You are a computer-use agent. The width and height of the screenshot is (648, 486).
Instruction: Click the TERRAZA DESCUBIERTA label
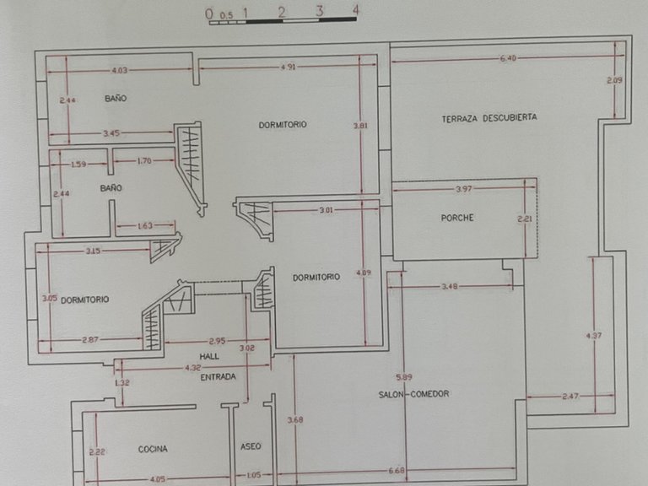tap(489, 118)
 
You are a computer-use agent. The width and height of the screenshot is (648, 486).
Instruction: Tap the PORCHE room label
tap(457, 218)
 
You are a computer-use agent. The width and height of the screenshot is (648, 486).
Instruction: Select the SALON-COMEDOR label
tap(413, 394)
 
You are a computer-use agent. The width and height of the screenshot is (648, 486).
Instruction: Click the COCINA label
tap(153, 449)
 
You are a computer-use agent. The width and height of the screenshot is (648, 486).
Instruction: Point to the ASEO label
tap(251, 446)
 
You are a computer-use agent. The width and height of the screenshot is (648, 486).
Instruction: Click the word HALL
tap(209, 356)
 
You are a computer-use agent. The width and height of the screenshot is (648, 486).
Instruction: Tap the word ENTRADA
tap(219, 377)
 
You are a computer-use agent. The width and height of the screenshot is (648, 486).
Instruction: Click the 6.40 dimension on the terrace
tap(508, 59)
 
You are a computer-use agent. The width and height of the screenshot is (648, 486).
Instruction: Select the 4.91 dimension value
tap(288, 67)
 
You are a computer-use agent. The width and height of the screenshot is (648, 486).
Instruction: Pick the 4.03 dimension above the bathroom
tap(120, 71)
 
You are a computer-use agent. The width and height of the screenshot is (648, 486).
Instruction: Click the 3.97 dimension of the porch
tap(464, 189)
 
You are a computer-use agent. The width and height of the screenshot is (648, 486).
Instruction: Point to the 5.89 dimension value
tap(404, 377)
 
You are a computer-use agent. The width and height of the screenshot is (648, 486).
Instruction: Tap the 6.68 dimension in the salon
tap(397, 470)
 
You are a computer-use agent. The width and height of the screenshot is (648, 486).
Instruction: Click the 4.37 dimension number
tap(594, 336)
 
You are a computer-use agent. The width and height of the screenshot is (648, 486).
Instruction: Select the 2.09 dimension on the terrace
tap(614, 81)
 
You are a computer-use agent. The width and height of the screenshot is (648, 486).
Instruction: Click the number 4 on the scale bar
tap(355, 10)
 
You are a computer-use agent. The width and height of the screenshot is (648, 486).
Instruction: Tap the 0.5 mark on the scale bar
tap(226, 16)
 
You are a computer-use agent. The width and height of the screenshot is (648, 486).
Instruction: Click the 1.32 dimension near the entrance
tap(121, 383)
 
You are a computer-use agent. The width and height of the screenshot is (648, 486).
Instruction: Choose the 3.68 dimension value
tap(295, 420)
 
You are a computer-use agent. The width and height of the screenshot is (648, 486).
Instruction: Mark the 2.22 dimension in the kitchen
tap(97, 452)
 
